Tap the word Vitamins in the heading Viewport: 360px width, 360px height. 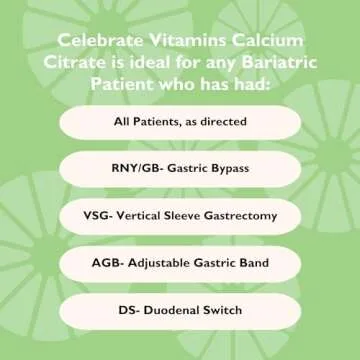click(185, 42)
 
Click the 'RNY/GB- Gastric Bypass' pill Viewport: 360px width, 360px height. click(180, 168)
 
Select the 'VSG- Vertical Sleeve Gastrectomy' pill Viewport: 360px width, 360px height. click(180, 215)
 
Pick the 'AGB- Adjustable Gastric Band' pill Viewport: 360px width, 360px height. click(180, 262)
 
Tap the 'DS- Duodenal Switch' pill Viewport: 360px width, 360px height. click(180, 309)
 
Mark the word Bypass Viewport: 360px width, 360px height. click(231, 168)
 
